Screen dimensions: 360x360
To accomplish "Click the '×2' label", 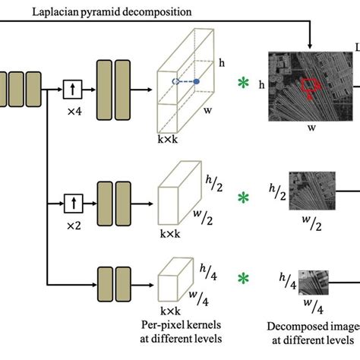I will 73,224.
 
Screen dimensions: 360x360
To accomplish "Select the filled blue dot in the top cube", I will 197,81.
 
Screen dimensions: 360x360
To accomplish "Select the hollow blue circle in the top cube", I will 175,81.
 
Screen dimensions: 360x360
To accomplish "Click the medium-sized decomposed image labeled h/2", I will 310,193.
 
